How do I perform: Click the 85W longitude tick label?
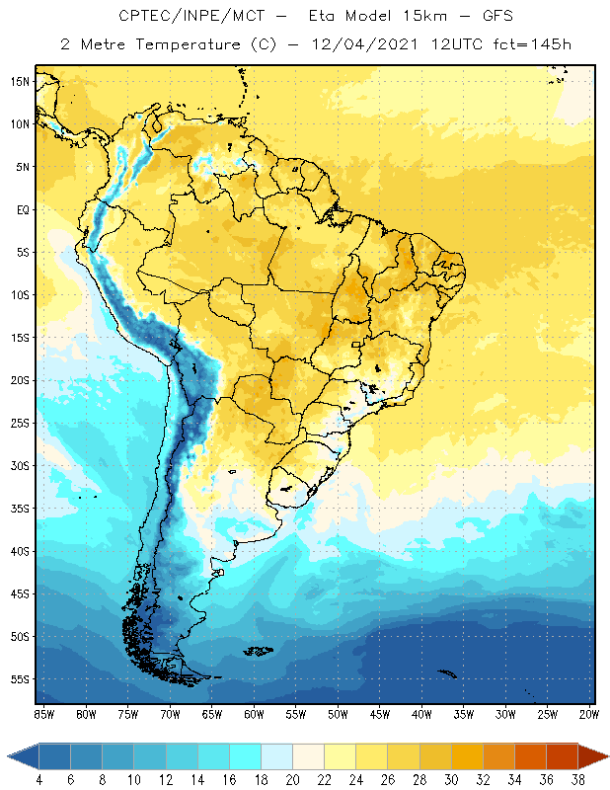43,713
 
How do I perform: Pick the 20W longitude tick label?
589,713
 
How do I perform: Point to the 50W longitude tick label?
338,713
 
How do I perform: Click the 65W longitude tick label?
211,713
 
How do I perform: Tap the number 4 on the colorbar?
39,780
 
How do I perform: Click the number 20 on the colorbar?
292,780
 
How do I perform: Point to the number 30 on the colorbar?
451,780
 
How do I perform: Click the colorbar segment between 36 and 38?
563,755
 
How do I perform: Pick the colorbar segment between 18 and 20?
276,755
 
